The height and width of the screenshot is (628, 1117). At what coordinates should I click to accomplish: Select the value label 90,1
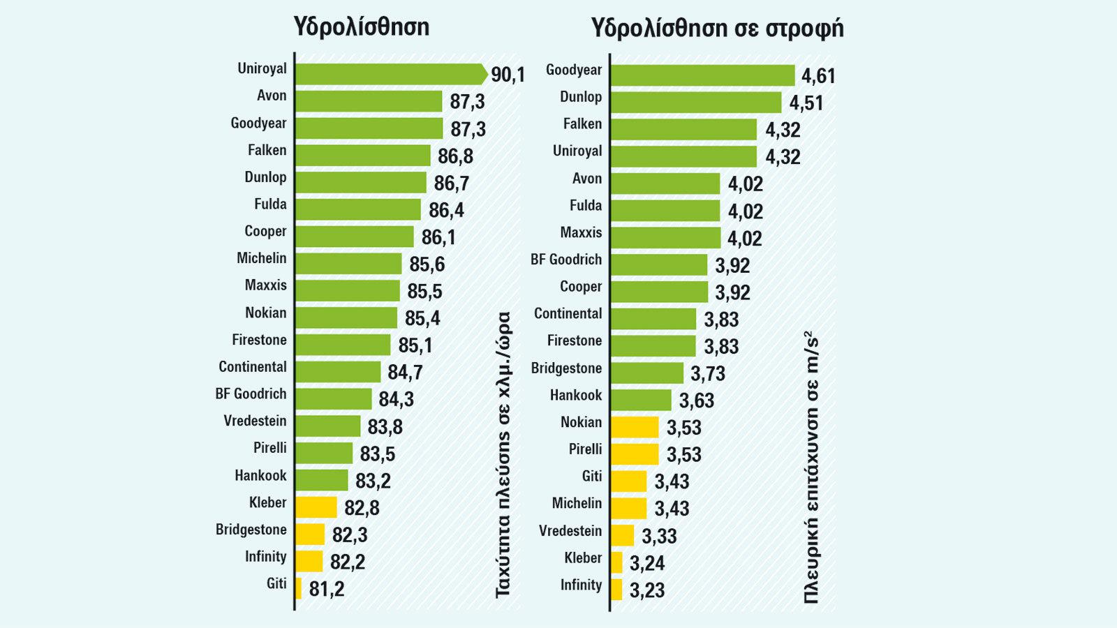point(508,74)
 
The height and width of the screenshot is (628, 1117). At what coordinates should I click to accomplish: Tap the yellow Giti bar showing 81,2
point(299,588)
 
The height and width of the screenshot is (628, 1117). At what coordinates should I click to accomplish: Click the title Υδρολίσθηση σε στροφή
point(718,28)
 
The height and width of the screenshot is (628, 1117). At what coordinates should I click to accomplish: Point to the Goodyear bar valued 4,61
point(702,75)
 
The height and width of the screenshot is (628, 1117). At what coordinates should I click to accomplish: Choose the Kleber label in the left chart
point(267,502)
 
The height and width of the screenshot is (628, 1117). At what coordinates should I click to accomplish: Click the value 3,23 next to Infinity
point(647,590)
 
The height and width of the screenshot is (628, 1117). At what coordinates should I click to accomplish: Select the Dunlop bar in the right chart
point(695,103)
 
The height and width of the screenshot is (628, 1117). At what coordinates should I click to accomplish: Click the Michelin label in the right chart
point(577,503)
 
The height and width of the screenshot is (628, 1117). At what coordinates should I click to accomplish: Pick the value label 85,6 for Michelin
point(427,264)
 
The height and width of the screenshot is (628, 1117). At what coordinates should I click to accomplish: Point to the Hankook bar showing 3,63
point(640,401)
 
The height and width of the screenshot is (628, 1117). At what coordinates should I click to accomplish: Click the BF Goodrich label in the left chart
point(251,394)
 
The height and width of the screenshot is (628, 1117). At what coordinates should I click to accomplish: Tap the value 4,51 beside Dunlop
point(806,103)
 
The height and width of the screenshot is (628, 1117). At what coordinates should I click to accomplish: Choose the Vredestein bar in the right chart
point(622,536)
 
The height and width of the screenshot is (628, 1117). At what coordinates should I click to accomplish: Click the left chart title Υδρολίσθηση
point(361,27)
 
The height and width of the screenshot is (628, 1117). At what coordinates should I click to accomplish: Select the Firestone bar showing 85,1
point(342,345)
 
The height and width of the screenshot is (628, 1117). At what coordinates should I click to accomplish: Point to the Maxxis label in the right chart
point(581,232)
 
